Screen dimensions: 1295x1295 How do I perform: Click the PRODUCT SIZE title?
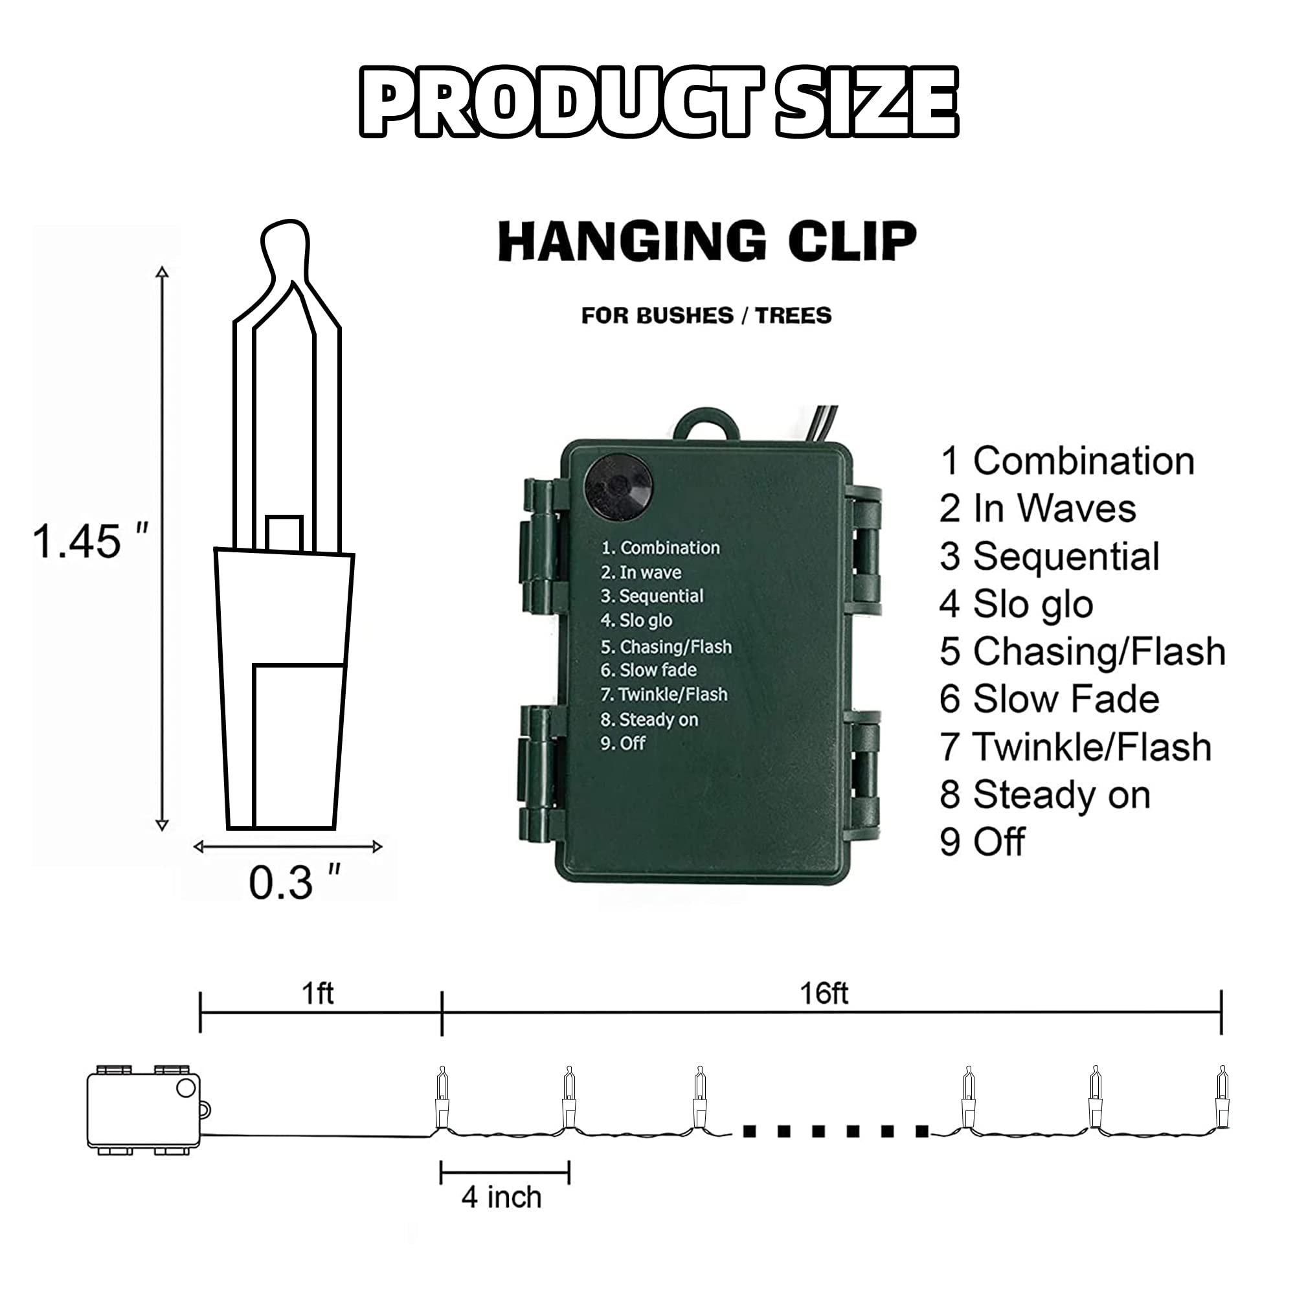pyautogui.click(x=659, y=102)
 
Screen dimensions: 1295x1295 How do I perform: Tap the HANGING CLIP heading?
pyautogui.click(x=706, y=241)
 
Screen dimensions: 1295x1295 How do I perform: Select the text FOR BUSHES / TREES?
pyautogui.click(x=706, y=315)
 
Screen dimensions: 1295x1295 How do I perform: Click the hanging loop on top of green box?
pyautogui.click(x=706, y=423)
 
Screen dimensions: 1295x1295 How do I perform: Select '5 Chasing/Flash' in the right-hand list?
pyautogui.click(x=1083, y=651)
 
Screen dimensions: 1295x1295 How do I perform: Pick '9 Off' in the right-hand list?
pyautogui.click(x=982, y=841)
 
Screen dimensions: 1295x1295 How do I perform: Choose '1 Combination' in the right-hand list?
pyautogui.click(x=1067, y=461)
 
